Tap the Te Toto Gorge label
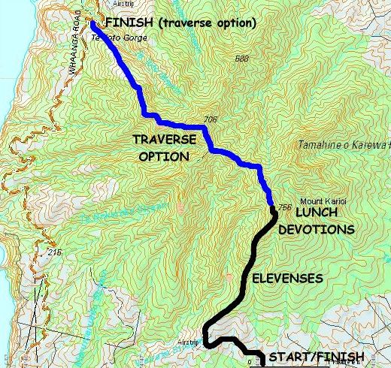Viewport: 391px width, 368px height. tap(110, 35)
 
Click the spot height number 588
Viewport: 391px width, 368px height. tap(241, 59)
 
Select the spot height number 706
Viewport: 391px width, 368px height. tap(210, 119)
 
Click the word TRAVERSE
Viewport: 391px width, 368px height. tap(165, 140)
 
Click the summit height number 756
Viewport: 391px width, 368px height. tap(284, 207)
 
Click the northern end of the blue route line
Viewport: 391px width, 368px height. tap(92, 23)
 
